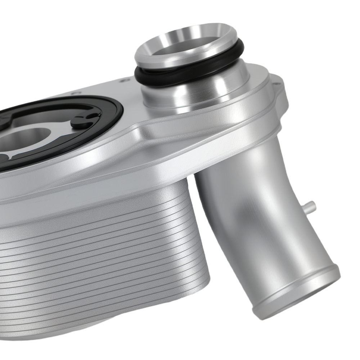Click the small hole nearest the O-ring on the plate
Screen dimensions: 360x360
click(125, 80)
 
